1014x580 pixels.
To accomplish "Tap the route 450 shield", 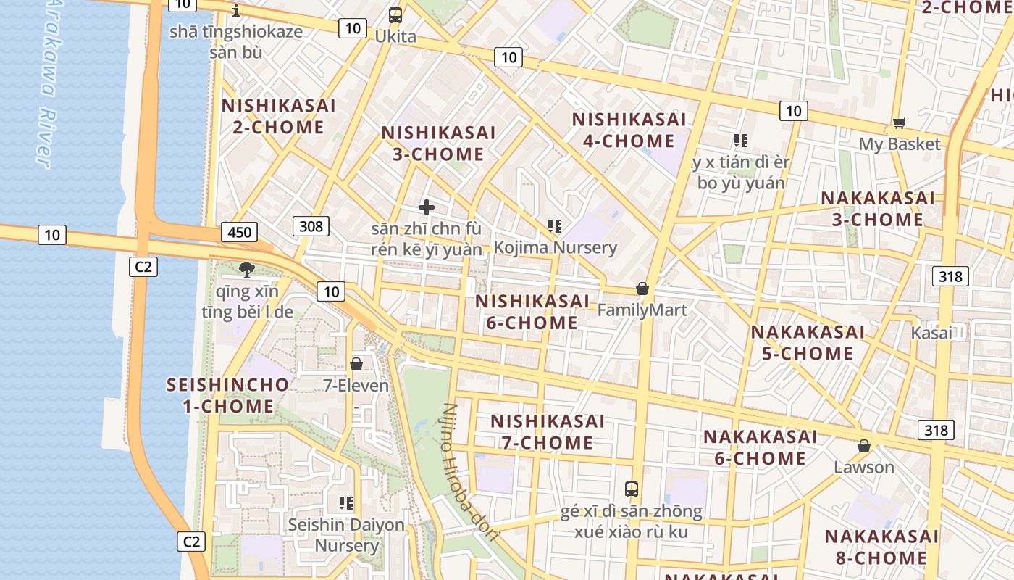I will click(x=239, y=232).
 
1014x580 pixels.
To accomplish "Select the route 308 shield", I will click(x=311, y=226).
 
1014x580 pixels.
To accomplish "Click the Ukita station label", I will click(x=395, y=36).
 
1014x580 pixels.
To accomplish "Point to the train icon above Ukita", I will click(x=395, y=15).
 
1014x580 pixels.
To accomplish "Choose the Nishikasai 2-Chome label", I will click(x=279, y=117).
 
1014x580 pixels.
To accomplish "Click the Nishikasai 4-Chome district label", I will click(x=629, y=130).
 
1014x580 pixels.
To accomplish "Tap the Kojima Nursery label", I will click(x=556, y=247).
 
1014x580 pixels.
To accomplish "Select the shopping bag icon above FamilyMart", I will click(x=642, y=289).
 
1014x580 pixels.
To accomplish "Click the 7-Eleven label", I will click(x=356, y=386).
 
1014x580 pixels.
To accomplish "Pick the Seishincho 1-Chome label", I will click(x=228, y=395).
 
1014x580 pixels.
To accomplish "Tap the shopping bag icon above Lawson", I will click(x=864, y=446).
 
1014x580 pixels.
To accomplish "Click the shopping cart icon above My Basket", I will click(x=900, y=123).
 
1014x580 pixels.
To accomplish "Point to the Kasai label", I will click(x=931, y=333).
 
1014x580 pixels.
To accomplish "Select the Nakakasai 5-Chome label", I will click(x=808, y=343).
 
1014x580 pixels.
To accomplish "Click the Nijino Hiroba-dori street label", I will click(x=469, y=472).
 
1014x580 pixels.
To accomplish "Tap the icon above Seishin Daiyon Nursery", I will click(x=346, y=502).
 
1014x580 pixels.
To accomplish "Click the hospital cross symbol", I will click(x=427, y=207).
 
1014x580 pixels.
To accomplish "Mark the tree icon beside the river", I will click(x=247, y=270).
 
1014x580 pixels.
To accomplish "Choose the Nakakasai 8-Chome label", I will click(x=881, y=547).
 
